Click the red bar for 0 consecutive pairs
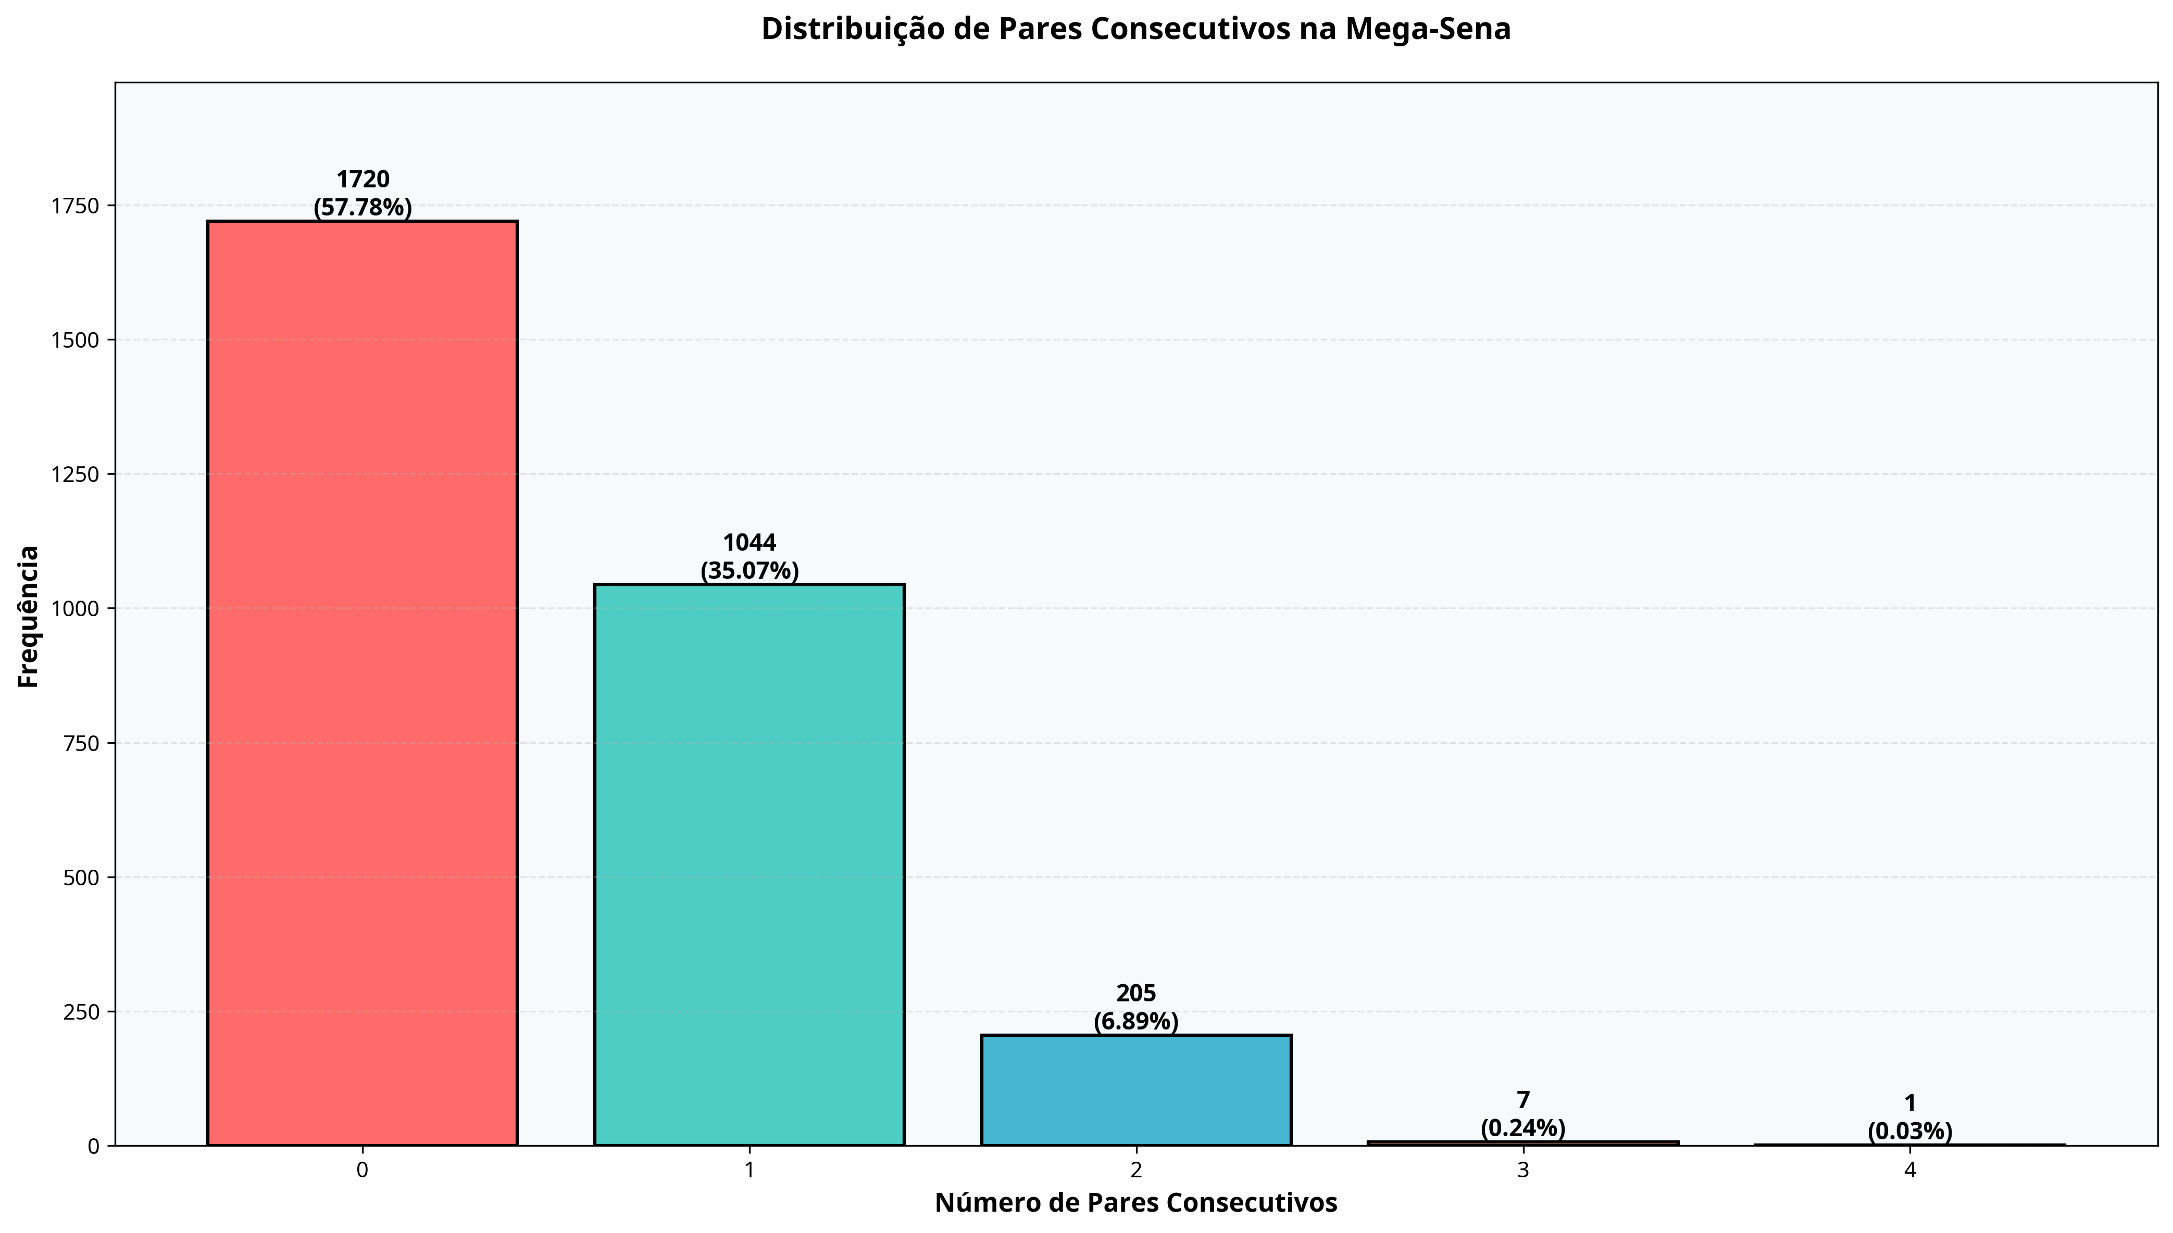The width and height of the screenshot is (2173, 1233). click(362, 682)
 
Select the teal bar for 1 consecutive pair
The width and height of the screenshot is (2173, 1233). click(749, 864)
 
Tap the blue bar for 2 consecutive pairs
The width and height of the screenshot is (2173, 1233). click(1136, 1090)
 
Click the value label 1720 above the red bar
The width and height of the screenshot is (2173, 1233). click(363, 180)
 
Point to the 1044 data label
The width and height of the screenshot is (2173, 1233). click(749, 543)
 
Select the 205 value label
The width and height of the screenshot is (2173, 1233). click(1136, 994)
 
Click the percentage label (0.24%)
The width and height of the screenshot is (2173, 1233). click(1522, 1128)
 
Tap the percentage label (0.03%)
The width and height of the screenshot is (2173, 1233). click(1909, 1132)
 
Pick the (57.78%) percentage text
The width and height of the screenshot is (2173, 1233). click(363, 208)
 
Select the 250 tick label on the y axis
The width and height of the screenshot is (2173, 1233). click(81, 1011)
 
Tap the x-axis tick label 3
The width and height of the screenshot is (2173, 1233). click(1522, 1171)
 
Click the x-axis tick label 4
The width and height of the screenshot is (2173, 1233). click(1909, 1171)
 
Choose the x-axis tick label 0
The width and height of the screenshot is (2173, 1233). click(362, 1171)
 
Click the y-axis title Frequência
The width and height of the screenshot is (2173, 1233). click(29, 616)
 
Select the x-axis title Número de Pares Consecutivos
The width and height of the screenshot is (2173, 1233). click(1135, 1202)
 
